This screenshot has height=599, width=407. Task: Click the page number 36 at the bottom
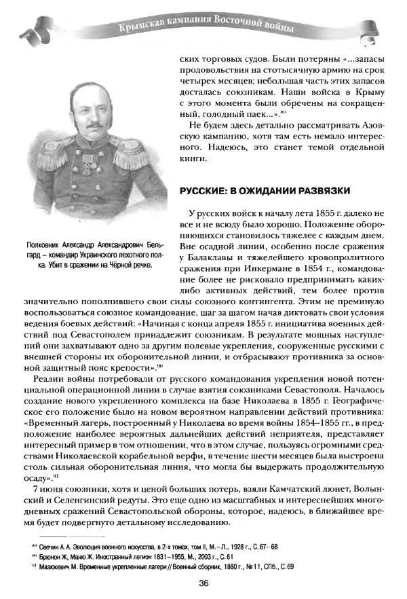[x=203, y=583]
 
